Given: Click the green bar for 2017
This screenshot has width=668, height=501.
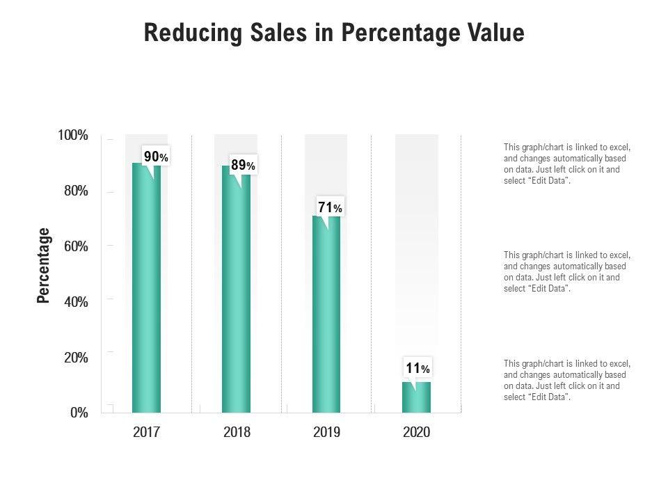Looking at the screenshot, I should pos(146,292).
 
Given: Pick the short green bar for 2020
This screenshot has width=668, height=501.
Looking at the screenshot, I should pos(416,397).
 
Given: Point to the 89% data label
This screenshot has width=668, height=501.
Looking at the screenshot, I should pos(243,166).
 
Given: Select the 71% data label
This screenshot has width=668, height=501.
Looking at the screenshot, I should pos(330,207).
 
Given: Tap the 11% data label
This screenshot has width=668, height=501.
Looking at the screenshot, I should pos(417,368).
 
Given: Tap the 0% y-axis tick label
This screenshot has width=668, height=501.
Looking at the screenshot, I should pos(79,413).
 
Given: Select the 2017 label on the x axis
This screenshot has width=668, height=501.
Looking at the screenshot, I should pos(146,433).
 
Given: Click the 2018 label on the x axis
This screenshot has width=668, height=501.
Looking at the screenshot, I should pos(237,433).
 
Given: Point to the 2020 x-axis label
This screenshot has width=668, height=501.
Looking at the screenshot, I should pos(417,433).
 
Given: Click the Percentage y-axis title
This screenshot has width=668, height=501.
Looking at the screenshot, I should pos(44,265).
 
